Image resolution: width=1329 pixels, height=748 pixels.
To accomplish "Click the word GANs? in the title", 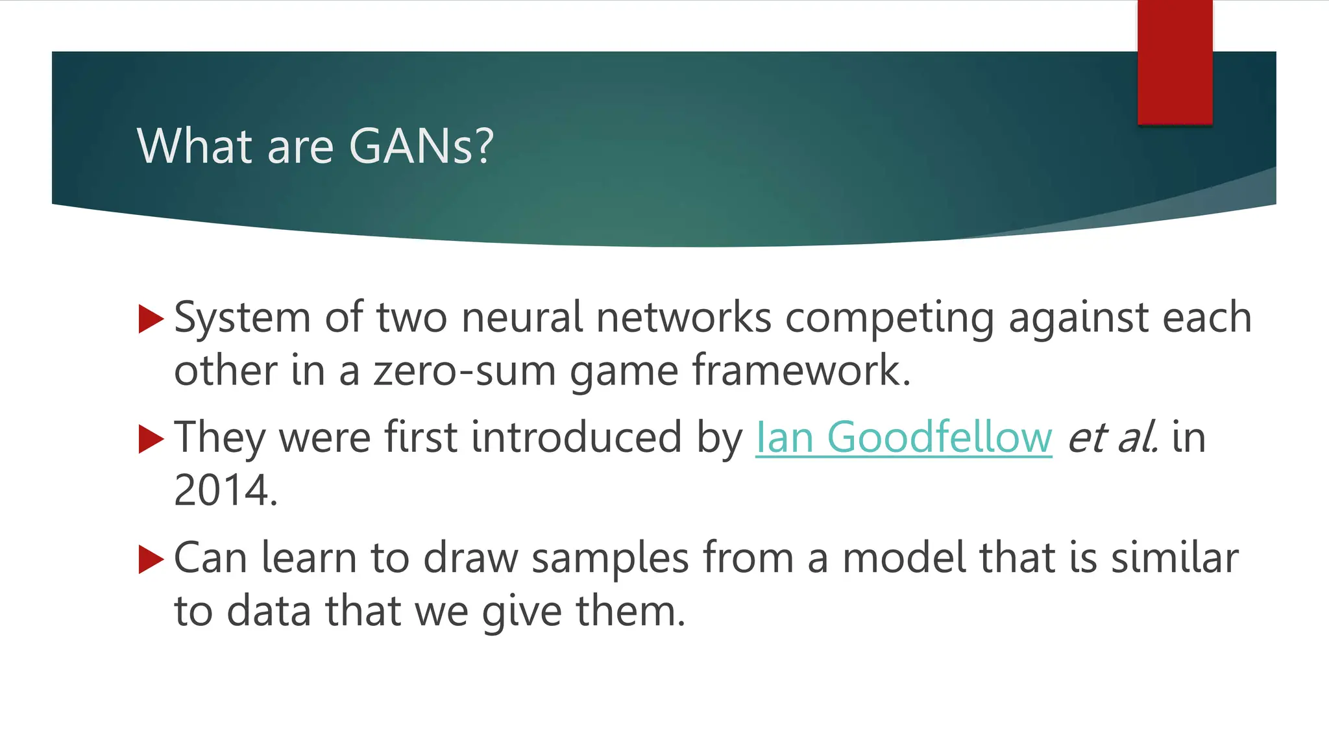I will pyautogui.click(x=421, y=145).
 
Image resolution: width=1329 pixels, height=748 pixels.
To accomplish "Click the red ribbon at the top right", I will pyautogui.click(x=1175, y=62).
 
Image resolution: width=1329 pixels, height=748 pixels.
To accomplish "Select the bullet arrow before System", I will pyautogui.click(x=151, y=319).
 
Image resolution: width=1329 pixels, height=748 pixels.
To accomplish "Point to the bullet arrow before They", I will pyautogui.click(x=151, y=440).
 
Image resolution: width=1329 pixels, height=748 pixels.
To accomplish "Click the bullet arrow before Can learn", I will pyautogui.click(x=151, y=560).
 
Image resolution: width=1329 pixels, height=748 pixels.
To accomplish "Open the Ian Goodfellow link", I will pyautogui.click(x=903, y=437).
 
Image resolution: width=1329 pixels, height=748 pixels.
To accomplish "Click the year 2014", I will pyautogui.click(x=225, y=490).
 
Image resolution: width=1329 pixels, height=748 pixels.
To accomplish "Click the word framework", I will pyautogui.click(x=801, y=371).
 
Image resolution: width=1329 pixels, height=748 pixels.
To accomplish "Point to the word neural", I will pyautogui.click(x=522, y=318).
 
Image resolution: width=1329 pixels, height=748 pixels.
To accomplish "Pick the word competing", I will pyautogui.click(x=889, y=319).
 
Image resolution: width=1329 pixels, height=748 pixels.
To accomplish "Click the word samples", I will pyautogui.click(x=610, y=558).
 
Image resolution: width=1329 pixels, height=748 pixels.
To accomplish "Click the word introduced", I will pyautogui.click(x=576, y=437).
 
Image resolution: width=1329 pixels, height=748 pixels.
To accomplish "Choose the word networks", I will pyautogui.click(x=684, y=318).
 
